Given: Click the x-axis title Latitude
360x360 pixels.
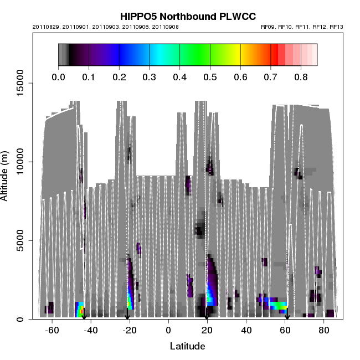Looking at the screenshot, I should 188,346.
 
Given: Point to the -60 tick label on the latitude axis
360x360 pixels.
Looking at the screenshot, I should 52,331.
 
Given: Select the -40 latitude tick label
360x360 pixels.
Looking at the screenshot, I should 91,331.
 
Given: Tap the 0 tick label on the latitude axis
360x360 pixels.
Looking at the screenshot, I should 168,331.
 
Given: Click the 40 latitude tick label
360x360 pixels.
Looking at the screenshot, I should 246,331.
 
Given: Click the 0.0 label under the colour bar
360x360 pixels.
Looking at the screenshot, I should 59,77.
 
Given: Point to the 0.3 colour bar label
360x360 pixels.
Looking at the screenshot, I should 150,77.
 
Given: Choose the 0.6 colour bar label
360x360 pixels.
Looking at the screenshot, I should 240,77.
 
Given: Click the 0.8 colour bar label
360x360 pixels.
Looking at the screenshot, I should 301,77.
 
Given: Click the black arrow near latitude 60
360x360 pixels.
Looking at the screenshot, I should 287,317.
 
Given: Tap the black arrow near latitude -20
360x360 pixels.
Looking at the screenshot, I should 127,317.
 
